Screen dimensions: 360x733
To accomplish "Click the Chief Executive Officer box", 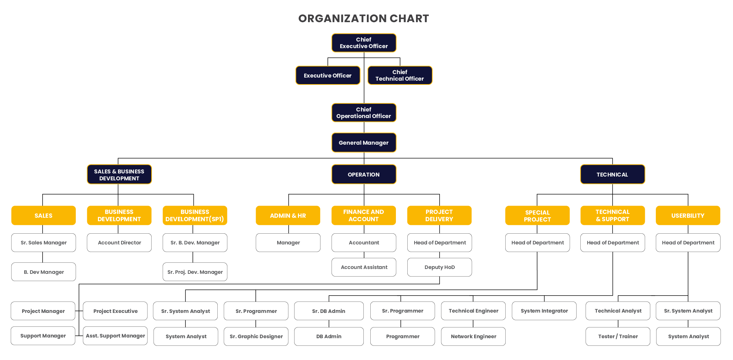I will (364, 43).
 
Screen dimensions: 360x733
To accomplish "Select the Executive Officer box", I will (328, 75).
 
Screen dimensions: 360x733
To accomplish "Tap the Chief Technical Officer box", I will (400, 75).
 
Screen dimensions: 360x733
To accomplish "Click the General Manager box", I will (364, 143).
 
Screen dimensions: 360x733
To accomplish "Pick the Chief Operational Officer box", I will (364, 113).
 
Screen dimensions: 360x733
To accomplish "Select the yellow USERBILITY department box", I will (688, 216).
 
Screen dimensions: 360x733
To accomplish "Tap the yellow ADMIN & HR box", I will (288, 216).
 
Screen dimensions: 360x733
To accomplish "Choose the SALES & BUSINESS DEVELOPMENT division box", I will (119, 174).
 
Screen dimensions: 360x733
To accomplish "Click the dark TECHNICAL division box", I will (612, 174).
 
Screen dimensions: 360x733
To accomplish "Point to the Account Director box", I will (119, 243).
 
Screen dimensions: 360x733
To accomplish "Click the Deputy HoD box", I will (440, 267).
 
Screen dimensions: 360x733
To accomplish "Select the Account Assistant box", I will (364, 267).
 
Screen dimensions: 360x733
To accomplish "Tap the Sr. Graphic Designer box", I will (256, 336).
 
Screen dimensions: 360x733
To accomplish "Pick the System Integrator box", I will (544, 311).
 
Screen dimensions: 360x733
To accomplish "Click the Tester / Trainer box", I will (618, 336).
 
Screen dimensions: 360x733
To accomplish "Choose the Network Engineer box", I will (473, 336).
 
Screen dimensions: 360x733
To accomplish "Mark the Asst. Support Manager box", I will (115, 336).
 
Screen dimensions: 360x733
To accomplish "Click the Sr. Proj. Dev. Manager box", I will (195, 272).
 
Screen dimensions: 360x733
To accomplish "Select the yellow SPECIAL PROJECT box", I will (537, 216).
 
